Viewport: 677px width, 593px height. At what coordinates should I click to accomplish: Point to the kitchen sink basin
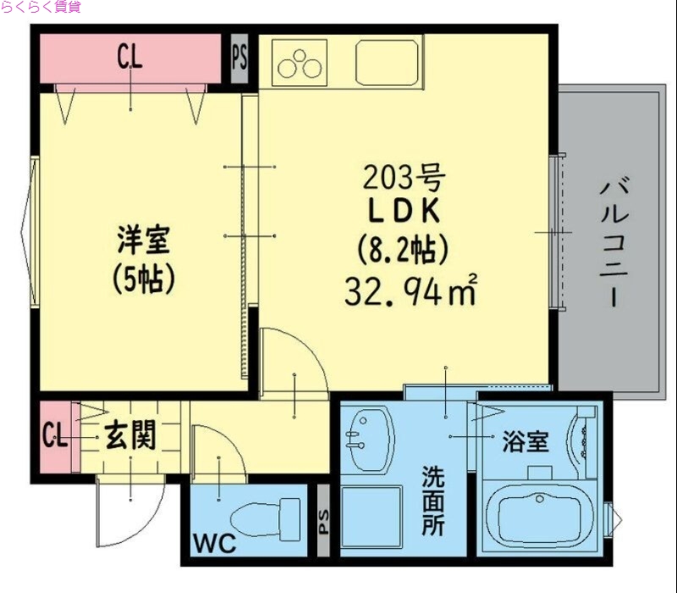tap(387, 62)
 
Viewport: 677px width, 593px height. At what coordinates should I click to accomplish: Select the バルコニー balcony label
tap(616, 242)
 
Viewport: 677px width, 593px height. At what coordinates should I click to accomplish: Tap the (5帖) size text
tap(143, 279)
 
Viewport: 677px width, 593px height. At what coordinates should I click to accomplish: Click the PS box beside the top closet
tap(239, 59)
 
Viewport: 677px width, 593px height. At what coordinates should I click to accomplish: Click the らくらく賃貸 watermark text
tap(41, 8)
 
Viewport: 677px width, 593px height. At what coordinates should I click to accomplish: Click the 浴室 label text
tap(526, 442)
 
